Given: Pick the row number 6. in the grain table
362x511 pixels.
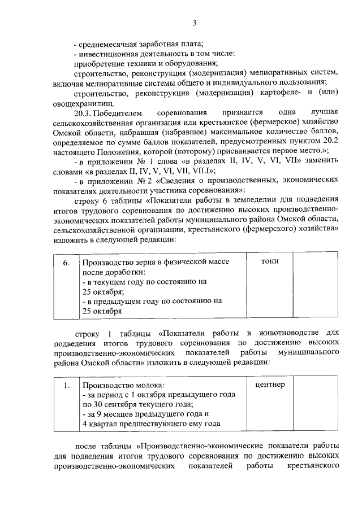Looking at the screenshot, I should click(67, 263).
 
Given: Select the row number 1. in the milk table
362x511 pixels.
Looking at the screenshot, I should click(67, 386).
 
